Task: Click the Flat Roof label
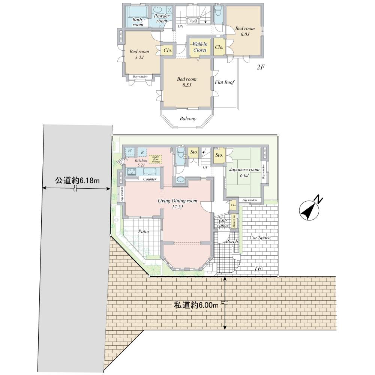pyautogui.click(x=225, y=82)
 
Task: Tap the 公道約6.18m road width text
pyautogui.click(x=78, y=180)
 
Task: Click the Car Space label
pyautogui.click(x=260, y=238)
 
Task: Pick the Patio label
pyautogui.click(x=143, y=231)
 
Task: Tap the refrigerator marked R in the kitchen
pyautogui.click(x=142, y=151)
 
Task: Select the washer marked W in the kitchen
pyautogui.click(x=130, y=151)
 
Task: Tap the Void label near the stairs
pyautogui.click(x=193, y=21)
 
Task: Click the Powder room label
pyautogui.click(x=162, y=18)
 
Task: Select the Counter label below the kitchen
pyautogui.click(x=150, y=179)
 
